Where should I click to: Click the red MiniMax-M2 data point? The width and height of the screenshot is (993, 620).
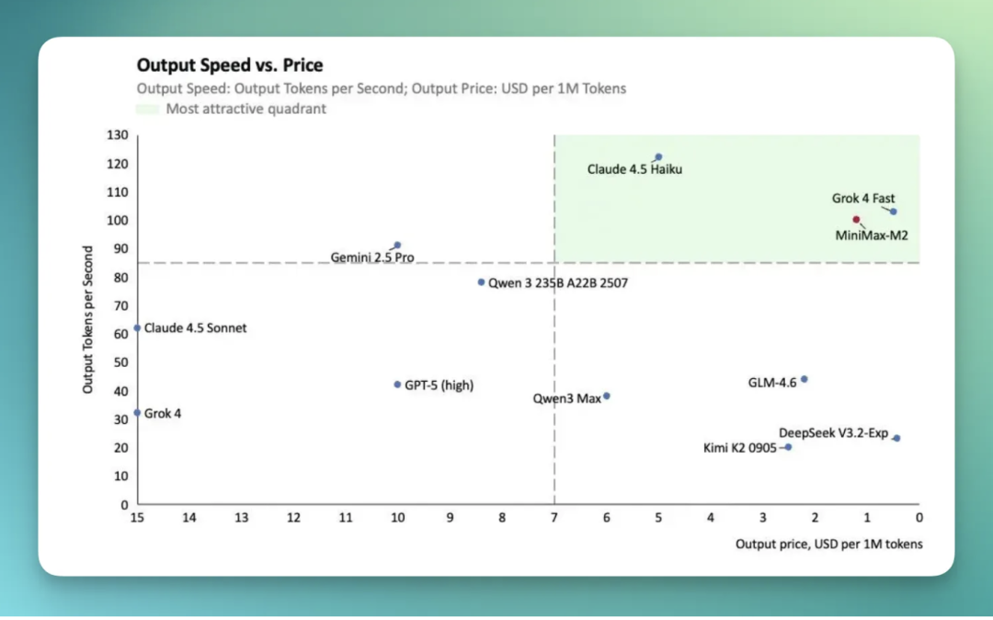pyautogui.click(x=856, y=220)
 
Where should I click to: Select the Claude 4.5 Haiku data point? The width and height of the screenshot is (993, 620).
pyautogui.click(x=658, y=157)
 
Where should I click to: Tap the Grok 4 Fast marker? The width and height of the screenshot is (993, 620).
pyautogui.click(x=893, y=212)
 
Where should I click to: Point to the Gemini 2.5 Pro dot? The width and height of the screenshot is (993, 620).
pyautogui.click(x=397, y=246)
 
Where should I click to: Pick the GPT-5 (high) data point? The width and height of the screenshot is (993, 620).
pyautogui.click(x=397, y=385)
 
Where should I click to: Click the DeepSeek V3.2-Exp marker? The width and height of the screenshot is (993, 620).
pyautogui.click(x=896, y=438)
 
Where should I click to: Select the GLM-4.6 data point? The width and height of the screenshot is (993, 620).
pyautogui.click(x=804, y=379)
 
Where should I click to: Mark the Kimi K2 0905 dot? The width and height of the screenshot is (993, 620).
pyautogui.click(x=788, y=447)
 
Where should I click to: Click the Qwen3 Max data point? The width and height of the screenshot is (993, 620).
pyautogui.click(x=606, y=396)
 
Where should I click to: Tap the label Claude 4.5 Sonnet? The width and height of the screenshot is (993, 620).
pyautogui.click(x=195, y=328)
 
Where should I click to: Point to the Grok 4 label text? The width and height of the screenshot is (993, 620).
pyautogui.click(x=163, y=414)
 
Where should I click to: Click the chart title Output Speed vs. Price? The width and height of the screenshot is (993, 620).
pyautogui.click(x=230, y=65)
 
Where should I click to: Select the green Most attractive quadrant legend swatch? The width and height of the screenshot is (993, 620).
pyautogui.click(x=147, y=109)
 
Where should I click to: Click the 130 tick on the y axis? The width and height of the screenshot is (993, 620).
pyautogui.click(x=118, y=135)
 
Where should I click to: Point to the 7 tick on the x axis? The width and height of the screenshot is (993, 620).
pyautogui.click(x=554, y=518)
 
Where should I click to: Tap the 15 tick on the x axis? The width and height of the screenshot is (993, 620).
pyautogui.click(x=137, y=518)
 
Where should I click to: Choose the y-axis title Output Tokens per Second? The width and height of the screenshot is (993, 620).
pyautogui.click(x=88, y=319)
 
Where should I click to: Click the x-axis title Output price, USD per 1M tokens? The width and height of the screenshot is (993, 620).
pyautogui.click(x=828, y=545)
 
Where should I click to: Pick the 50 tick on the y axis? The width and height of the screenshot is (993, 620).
pyautogui.click(x=120, y=362)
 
